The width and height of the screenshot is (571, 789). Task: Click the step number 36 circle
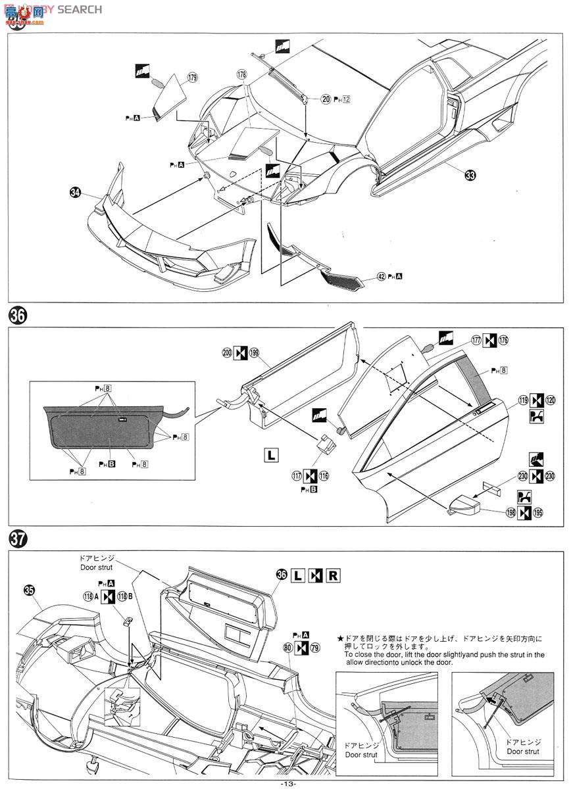(18, 316)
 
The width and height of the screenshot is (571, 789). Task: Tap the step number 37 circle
(18, 538)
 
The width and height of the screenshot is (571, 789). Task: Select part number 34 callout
(76, 193)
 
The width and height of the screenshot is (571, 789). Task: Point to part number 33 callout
(469, 175)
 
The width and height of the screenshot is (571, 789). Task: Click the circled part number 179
(192, 78)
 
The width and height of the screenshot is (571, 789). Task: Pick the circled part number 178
(242, 76)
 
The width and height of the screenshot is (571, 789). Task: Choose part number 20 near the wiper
(326, 99)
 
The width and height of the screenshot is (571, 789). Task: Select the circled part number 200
(227, 352)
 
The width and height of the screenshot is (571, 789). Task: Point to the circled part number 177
(476, 340)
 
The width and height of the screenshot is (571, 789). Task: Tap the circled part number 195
(539, 512)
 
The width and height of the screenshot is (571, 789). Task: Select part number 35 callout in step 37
(29, 590)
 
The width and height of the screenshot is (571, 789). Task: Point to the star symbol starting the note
(340, 638)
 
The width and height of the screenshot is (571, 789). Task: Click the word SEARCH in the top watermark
(80, 9)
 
